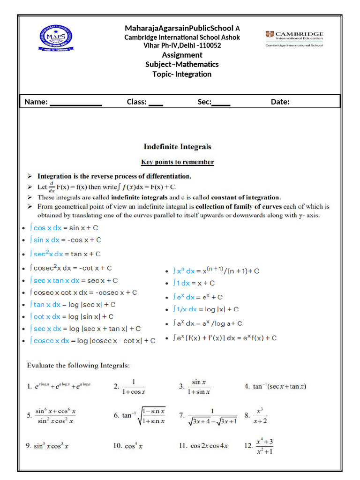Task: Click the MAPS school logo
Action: (x=56, y=38)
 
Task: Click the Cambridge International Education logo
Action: (x=294, y=39)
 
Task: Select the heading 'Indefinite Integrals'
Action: (x=177, y=147)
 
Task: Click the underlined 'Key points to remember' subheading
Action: (x=177, y=162)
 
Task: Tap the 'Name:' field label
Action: (x=36, y=102)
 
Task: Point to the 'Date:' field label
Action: (x=280, y=102)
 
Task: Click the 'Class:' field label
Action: (x=137, y=102)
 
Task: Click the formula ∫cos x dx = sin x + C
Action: (x=64, y=228)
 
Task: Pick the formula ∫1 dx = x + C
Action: (x=194, y=283)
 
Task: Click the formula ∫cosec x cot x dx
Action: (x=83, y=292)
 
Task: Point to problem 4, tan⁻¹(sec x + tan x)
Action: (x=276, y=387)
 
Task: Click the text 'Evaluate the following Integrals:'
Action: (x=78, y=365)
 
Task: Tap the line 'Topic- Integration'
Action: (x=182, y=74)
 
